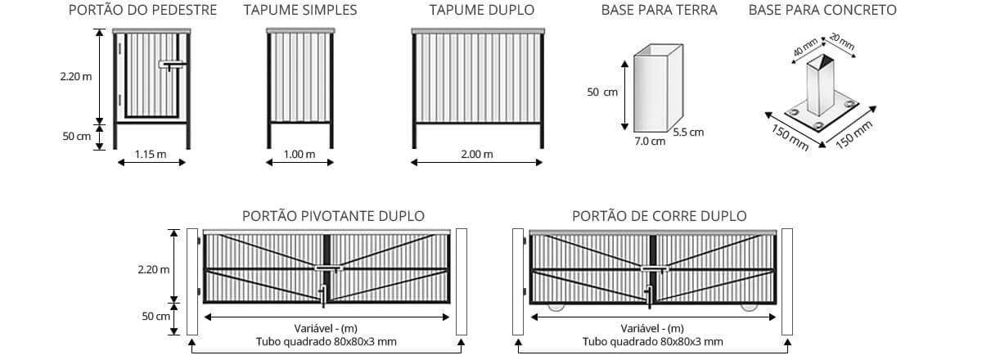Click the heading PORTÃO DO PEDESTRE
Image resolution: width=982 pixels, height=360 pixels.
point(143,11)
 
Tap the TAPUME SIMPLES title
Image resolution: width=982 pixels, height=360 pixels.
point(300,11)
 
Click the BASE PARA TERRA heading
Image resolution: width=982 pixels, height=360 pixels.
point(659,11)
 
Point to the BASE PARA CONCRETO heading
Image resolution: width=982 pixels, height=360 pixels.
point(822,11)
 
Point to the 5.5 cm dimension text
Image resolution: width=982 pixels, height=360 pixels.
point(688,132)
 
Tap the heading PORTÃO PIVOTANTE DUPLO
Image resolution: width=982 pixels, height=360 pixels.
point(333,216)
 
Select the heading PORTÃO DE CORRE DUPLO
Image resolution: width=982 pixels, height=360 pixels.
point(659,216)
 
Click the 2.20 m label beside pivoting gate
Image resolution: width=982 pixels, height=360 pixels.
point(155,269)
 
